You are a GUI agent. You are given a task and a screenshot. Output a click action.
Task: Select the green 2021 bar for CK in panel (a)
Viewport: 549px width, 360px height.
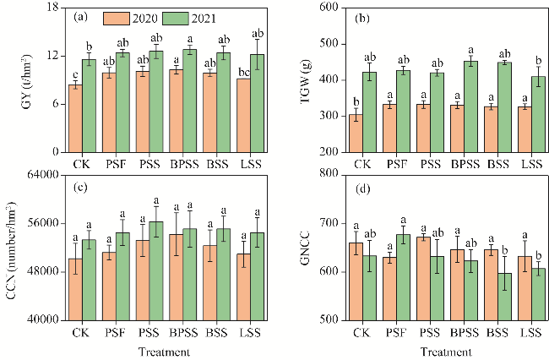[89, 106]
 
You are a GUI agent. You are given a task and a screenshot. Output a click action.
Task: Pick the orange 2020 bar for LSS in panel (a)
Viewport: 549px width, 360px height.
[244, 115]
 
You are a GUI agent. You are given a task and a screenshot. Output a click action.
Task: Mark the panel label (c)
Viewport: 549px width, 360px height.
[81, 187]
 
